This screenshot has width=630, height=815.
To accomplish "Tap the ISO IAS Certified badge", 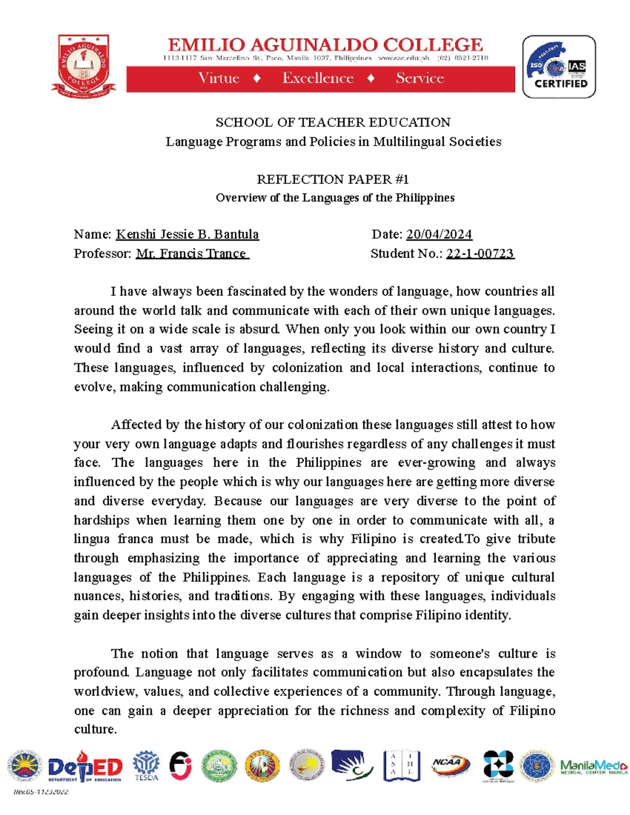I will coord(559,67).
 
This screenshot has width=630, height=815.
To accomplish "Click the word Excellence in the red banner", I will coord(318,78).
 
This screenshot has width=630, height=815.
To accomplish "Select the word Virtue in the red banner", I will coord(218,78).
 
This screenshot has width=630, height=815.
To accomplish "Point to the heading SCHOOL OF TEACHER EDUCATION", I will coord(333,122).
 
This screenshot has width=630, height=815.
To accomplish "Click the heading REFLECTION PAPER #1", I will coord(332,179).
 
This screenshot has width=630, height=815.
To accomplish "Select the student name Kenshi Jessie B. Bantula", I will coord(187,234).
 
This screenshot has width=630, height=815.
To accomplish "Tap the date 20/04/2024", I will coord(439,234).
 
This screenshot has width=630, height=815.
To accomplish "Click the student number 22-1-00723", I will coord(480,253).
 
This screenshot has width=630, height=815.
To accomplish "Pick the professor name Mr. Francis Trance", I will coord(192,253).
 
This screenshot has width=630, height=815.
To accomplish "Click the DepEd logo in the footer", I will coord(85,767).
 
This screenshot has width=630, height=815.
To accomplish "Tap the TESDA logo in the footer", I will coord(146,766).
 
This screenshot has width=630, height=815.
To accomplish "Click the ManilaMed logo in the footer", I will coord(593,767).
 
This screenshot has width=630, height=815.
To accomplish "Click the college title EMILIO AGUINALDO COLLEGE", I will coord(325,45).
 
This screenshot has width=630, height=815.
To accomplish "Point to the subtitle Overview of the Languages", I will coord(335,198).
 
